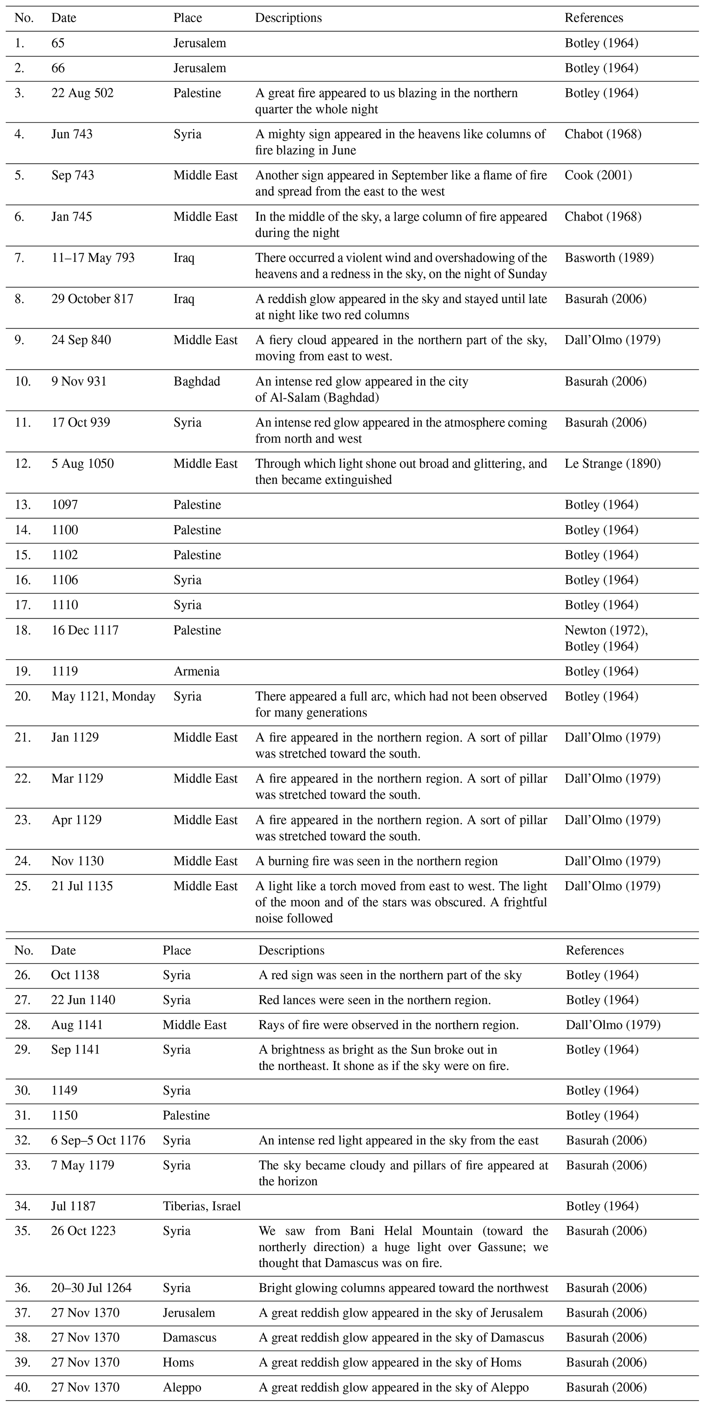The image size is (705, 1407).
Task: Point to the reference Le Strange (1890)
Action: coord(612,464)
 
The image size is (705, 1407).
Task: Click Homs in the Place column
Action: coord(178,1362)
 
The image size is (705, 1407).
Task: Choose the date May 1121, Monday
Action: coord(103,696)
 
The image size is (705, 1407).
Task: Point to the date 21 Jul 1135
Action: coord(82,886)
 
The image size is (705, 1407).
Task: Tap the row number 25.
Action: coord(23,886)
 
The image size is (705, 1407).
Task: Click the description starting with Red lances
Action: coord(374,1000)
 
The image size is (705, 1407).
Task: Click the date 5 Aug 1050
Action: coord(83,464)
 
